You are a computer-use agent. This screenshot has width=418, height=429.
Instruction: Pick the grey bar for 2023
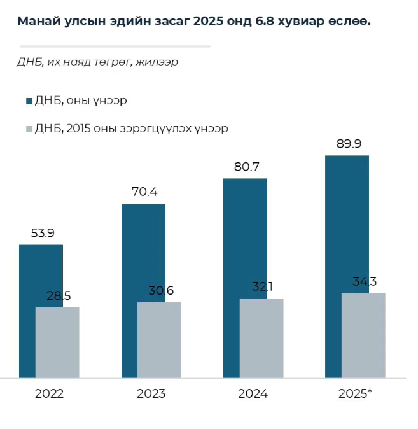tap(159, 340)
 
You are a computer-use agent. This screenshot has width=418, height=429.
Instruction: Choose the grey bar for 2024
tap(261, 338)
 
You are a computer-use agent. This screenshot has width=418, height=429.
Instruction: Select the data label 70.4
tap(143, 192)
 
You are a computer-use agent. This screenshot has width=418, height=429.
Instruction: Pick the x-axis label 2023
tap(151, 394)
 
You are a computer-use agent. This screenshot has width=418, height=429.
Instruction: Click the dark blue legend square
tap(29, 101)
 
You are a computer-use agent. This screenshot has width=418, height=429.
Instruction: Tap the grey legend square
tap(29, 129)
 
